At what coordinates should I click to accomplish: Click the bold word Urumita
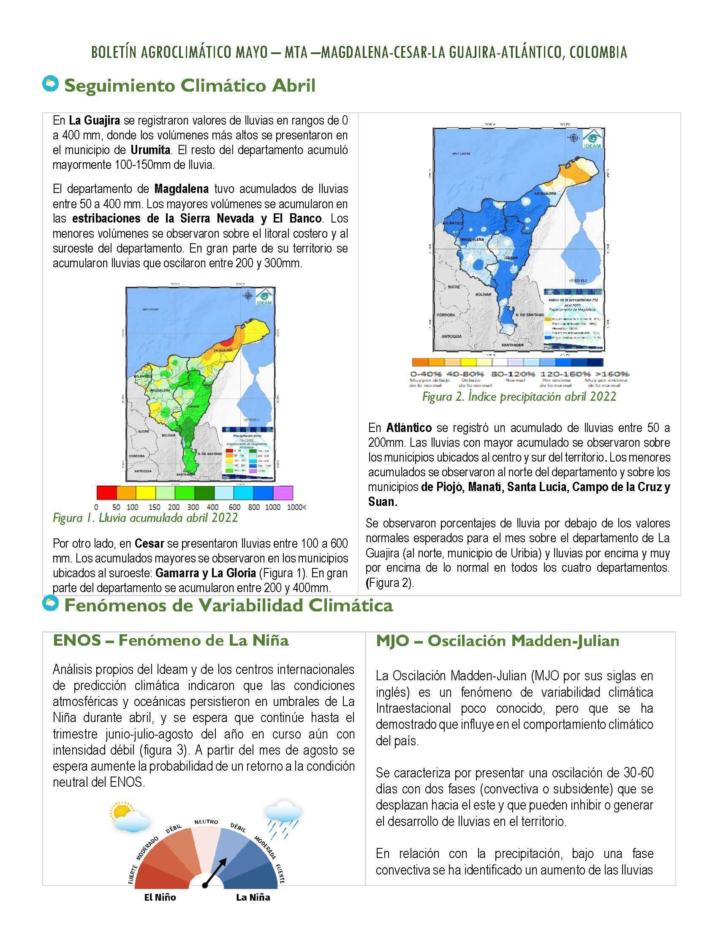150,150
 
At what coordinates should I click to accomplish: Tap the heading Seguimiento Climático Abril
190,86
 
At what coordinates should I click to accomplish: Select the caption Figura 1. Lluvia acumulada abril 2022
145,518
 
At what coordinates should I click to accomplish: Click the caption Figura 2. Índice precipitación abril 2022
519,397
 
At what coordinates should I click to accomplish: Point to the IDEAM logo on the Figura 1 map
263,297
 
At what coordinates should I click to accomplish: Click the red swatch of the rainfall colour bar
106,492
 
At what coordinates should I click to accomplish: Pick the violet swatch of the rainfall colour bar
283,492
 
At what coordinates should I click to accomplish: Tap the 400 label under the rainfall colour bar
212,507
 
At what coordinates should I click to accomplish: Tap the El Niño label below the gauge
160,897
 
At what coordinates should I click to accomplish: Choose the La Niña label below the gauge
253,897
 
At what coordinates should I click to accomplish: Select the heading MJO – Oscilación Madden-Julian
498,641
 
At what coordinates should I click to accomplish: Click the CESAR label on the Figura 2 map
511,258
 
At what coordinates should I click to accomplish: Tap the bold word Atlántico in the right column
409,427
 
